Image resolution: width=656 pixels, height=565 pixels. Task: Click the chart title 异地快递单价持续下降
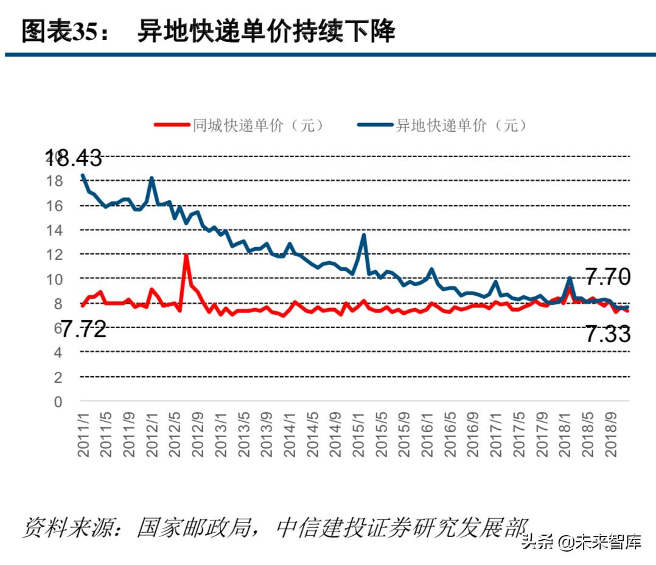266,31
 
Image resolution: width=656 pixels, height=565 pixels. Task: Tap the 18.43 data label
75,158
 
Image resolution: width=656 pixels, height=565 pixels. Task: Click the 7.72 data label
83,329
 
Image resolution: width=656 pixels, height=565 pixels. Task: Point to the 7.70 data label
607,278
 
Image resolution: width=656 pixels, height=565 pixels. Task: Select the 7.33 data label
607,334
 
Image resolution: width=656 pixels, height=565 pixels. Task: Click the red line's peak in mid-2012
186,255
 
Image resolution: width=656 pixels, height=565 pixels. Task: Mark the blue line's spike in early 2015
363,235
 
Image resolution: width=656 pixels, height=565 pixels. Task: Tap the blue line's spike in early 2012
152,178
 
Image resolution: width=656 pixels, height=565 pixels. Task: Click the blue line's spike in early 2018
570,279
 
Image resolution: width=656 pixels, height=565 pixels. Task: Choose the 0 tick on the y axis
58,402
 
